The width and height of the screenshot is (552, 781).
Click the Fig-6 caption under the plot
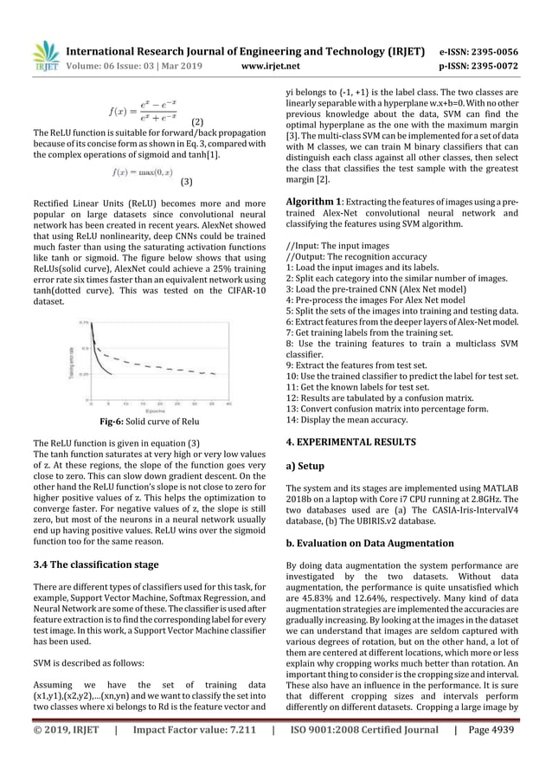tap(145, 423)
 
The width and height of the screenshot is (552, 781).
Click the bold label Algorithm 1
tap(318, 201)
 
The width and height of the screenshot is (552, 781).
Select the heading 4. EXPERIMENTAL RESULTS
tap(354, 441)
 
